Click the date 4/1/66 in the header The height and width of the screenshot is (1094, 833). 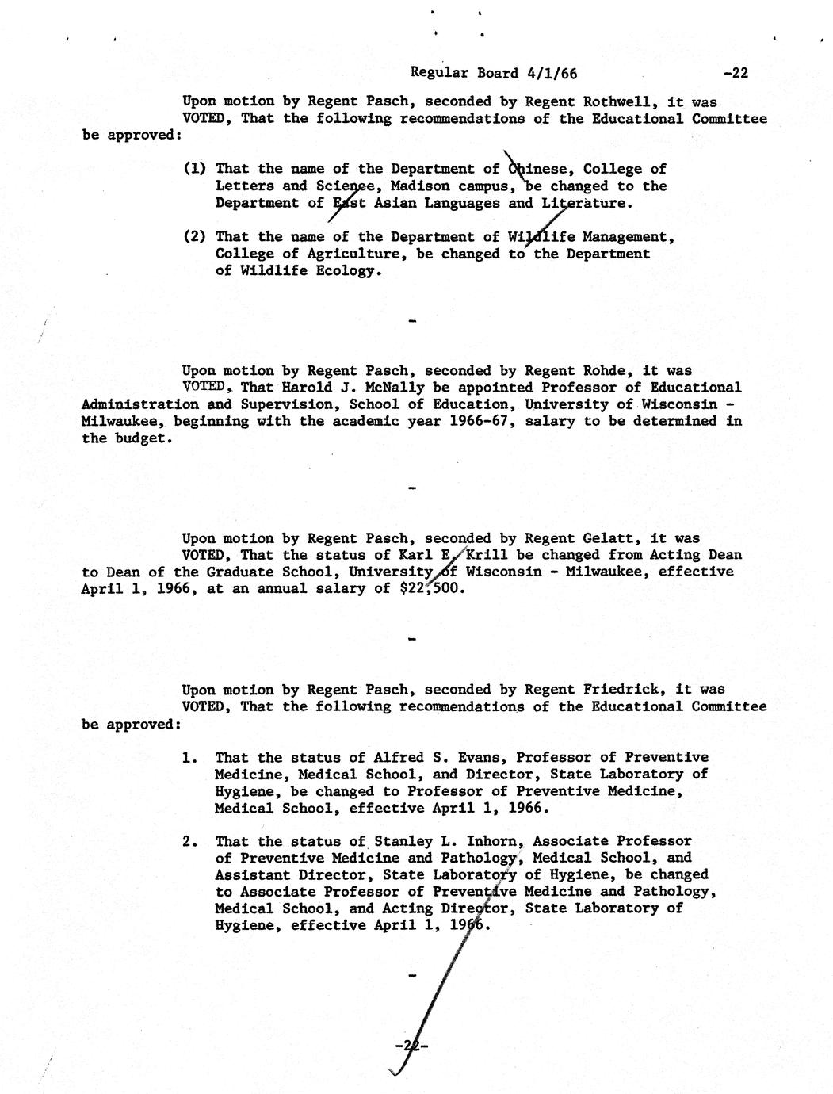point(552,73)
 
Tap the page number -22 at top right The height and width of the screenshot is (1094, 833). point(736,73)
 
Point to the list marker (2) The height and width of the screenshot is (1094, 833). point(194,236)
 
